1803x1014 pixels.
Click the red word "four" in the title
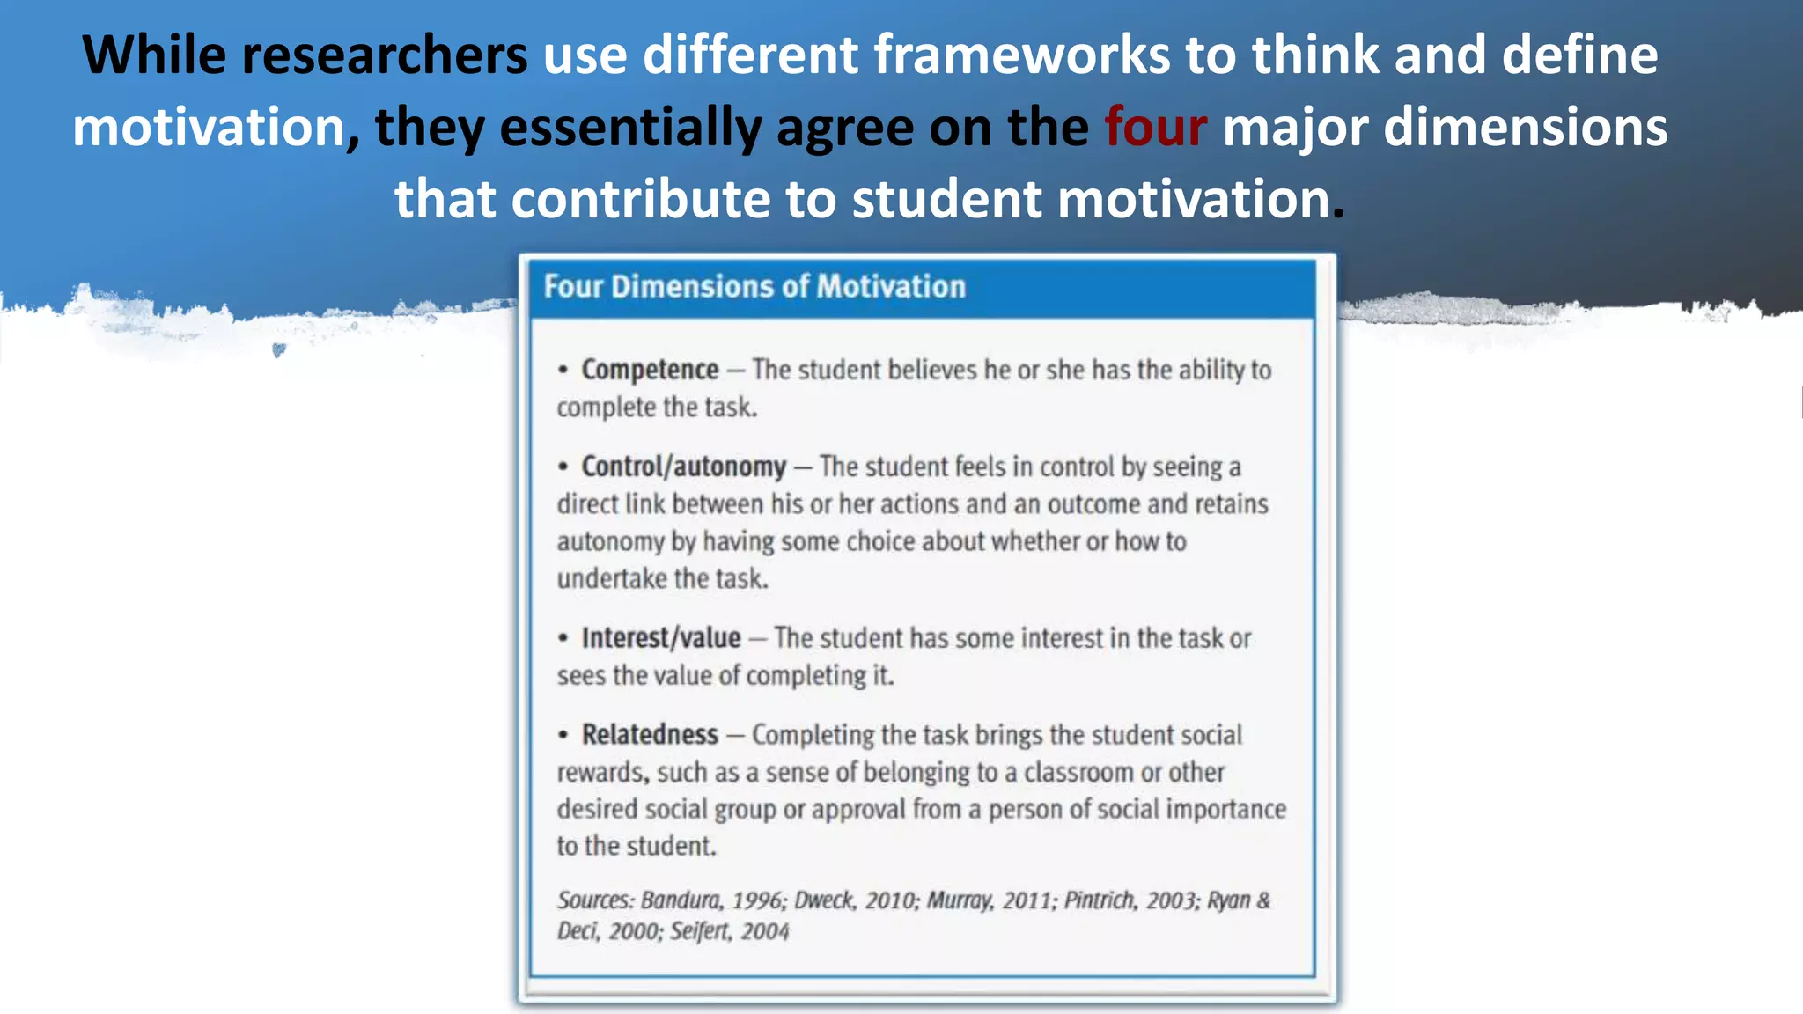point(1155,127)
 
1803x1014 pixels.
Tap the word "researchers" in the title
point(384,55)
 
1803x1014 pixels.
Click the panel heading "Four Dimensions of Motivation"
point(754,287)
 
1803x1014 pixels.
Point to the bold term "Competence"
point(650,370)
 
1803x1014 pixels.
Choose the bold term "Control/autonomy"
point(683,467)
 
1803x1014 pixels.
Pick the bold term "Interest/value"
point(660,638)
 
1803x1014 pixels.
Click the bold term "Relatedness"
point(650,734)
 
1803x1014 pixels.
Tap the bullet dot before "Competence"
point(563,371)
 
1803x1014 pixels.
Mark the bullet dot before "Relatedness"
point(563,735)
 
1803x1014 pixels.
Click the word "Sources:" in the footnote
point(595,900)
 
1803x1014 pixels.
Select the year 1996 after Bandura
point(758,900)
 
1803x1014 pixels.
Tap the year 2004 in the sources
point(765,931)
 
